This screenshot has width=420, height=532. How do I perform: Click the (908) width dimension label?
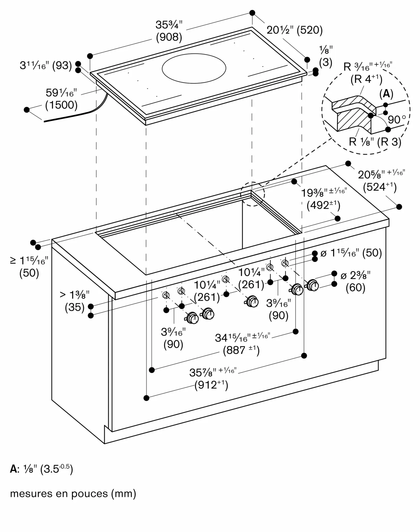(x=169, y=37)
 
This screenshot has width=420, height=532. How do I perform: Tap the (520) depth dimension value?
(x=310, y=30)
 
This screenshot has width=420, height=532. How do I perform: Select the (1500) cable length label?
(x=61, y=105)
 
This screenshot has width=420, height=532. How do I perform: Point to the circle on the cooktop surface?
(x=194, y=68)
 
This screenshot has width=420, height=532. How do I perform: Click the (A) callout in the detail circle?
(x=386, y=94)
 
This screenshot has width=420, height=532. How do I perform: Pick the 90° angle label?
(x=397, y=120)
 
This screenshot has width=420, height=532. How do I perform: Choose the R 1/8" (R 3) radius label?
(x=375, y=142)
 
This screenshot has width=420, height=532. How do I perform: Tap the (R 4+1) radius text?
(x=366, y=79)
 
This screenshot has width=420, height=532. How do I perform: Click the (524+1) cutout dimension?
(x=380, y=187)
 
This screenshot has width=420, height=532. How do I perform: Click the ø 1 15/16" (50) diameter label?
(x=351, y=253)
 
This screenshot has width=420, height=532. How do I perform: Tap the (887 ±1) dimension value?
(x=241, y=350)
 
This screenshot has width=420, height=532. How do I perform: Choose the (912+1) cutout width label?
(x=211, y=385)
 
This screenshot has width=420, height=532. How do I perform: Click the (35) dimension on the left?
(x=75, y=307)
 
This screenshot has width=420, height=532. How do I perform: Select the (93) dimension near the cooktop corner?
(x=62, y=65)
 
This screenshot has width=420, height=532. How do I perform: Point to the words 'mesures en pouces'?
(x=59, y=493)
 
